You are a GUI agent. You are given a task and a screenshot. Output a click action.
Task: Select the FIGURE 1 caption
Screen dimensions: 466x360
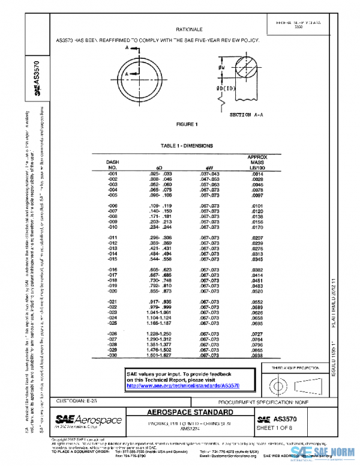click(186, 124)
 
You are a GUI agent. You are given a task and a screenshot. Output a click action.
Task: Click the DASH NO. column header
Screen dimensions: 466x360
click(113, 165)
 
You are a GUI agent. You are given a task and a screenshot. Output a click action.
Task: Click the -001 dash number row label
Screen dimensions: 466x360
click(112, 174)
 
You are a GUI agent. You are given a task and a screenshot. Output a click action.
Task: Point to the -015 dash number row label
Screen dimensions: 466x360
click(112, 259)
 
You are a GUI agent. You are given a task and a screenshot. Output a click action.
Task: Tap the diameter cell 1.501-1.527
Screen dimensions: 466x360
click(160, 356)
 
